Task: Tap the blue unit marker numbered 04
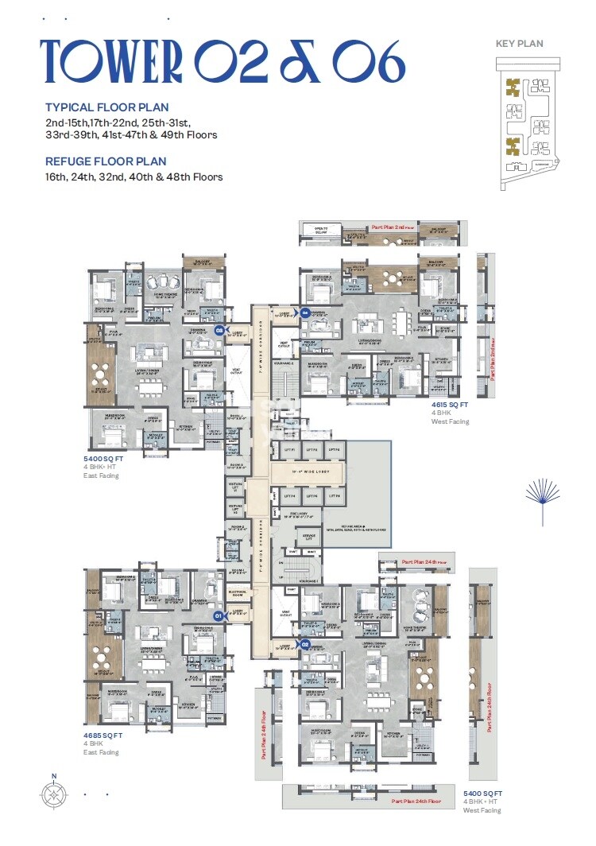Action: click(305, 312)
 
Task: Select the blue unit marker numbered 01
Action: click(217, 615)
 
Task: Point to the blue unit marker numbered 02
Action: click(304, 645)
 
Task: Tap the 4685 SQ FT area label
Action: click(104, 735)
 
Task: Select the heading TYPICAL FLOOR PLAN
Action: click(106, 107)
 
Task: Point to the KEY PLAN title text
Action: click(521, 44)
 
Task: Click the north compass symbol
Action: click(54, 793)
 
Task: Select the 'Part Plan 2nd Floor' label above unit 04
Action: click(394, 227)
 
